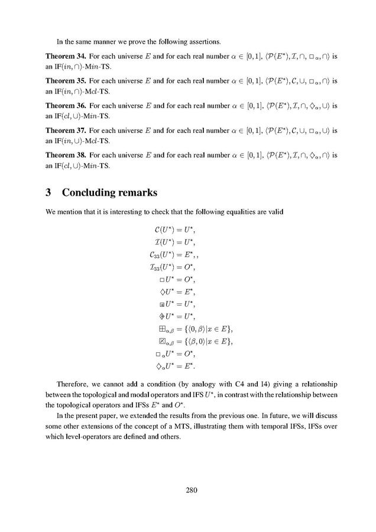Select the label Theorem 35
pyautogui.click(x=66, y=79)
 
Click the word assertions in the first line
pyautogui.click(x=197, y=41)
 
